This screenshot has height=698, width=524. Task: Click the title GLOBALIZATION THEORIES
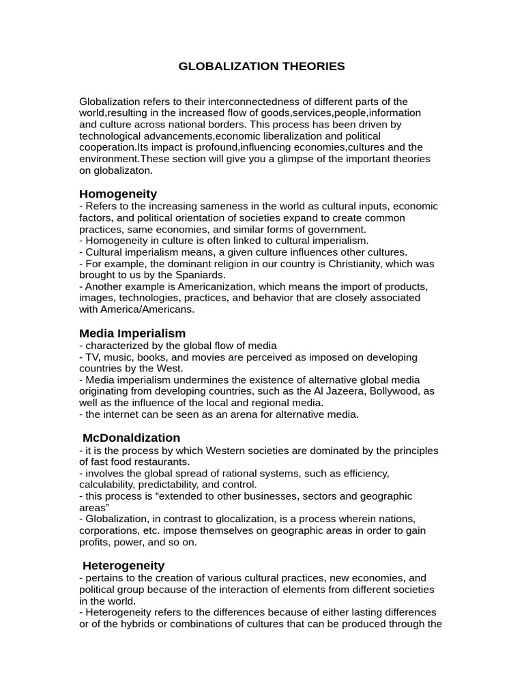point(261,66)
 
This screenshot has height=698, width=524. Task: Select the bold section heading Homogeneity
point(118,194)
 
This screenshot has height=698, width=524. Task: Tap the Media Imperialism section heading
point(132,333)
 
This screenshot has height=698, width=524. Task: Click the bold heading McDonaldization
point(132,438)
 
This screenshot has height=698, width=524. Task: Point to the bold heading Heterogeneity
point(123,566)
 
